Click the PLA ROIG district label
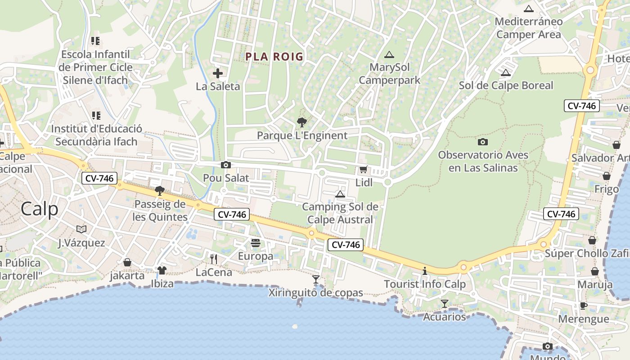pyautogui.click(x=274, y=57)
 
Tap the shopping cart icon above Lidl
pyautogui.click(x=363, y=170)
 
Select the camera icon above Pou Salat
pyautogui.click(x=226, y=165)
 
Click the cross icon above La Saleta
pyautogui.click(x=218, y=73)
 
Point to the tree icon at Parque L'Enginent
pyautogui.click(x=302, y=122)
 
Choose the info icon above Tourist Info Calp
pyautogui.click(x=425, y=271)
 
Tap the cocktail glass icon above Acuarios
pyautogui.click(x=445, y=304)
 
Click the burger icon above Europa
pyautogui.click(x=256, y=243)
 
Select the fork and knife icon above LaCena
pyautogui.click(x=214, y=259)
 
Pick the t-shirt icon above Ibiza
pyautogui.click(x=162, y=270)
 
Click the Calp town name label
pyautogui.click(x=40, y=209)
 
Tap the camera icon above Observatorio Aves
pyautogui.click(x=483, y=142)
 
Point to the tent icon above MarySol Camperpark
pyautogui.click(x=389, y=55)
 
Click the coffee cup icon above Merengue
pyautogui.click(x=583, y=306)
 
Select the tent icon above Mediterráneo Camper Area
pyautogui.click(x=529, y=9)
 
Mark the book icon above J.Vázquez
pyautogui.click(x=81, y=229)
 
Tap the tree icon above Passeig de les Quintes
pyautogui.click(x=160, y=191)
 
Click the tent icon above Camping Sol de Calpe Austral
pyautogui.click(x=340, y=194)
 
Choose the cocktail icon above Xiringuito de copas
pyautogui.click(x=316, y=279)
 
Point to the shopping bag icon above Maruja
pyautogui.click(x=595, y=271)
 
